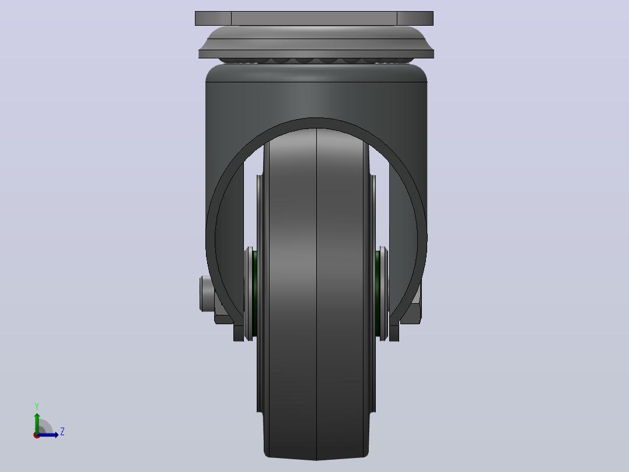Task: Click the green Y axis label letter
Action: tap(37, 406)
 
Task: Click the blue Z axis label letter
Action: tap(62, 432)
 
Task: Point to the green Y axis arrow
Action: tap(37, 423)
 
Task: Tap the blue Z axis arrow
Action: tap(48, 435)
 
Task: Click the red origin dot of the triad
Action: tap(37, 435)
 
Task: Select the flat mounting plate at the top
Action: tap(314, 19)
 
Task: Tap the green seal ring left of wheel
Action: tap(255, 293)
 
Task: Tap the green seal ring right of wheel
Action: tap(378, 293)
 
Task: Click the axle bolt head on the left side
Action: tap(205, 293)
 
